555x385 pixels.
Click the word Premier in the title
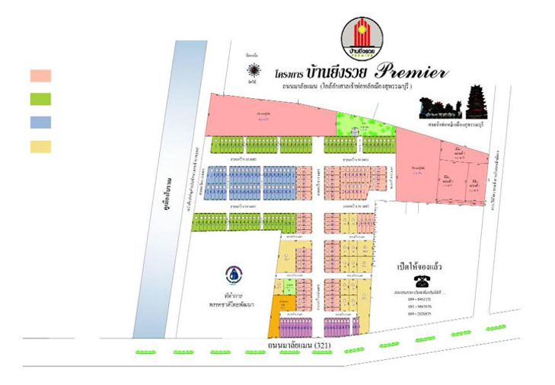click(412, 73)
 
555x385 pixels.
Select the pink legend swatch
click(40, 75)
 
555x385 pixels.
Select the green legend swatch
click(40, 98)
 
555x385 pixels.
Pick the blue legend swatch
click(40, 122)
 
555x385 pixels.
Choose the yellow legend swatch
click(40, 146)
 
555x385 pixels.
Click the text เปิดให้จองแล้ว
click(419, 267)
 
